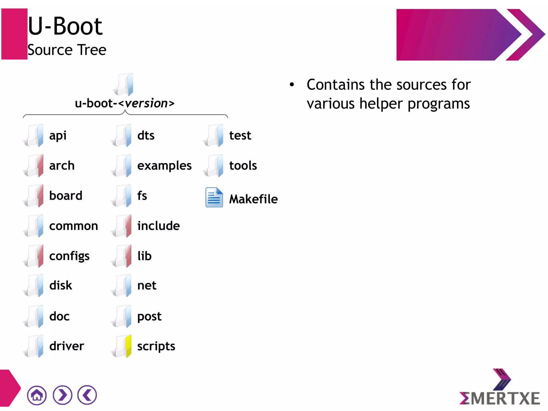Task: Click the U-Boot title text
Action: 65,26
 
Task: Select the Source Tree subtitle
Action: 67,50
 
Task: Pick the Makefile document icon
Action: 214,198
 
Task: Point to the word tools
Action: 243,165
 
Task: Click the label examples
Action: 164,165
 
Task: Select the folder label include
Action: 158,226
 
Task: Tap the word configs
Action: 69,256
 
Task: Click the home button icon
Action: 37,395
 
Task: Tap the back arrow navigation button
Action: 87,395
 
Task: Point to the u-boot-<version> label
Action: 125,103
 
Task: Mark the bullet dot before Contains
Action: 292,85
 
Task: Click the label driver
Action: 67,346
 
